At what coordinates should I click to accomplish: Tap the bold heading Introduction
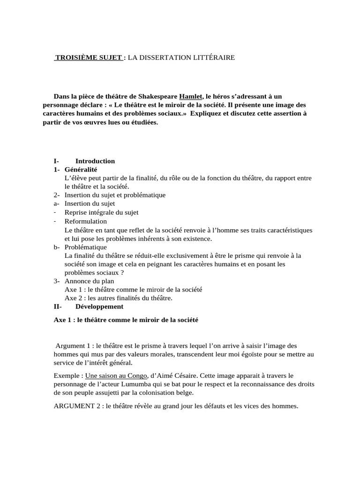(x=95, y=161)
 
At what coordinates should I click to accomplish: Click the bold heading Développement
(x=99, y=307)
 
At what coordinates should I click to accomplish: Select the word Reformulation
(x=86, y=221)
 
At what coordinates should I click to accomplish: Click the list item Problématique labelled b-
(x=86, y=247)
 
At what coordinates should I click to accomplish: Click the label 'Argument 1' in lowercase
(x=73, y=345)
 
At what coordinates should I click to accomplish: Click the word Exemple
(x=68, y=375)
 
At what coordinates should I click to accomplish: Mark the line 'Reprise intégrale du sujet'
(x=101, y=212)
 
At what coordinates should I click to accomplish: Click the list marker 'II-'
(x=59, y=307)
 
